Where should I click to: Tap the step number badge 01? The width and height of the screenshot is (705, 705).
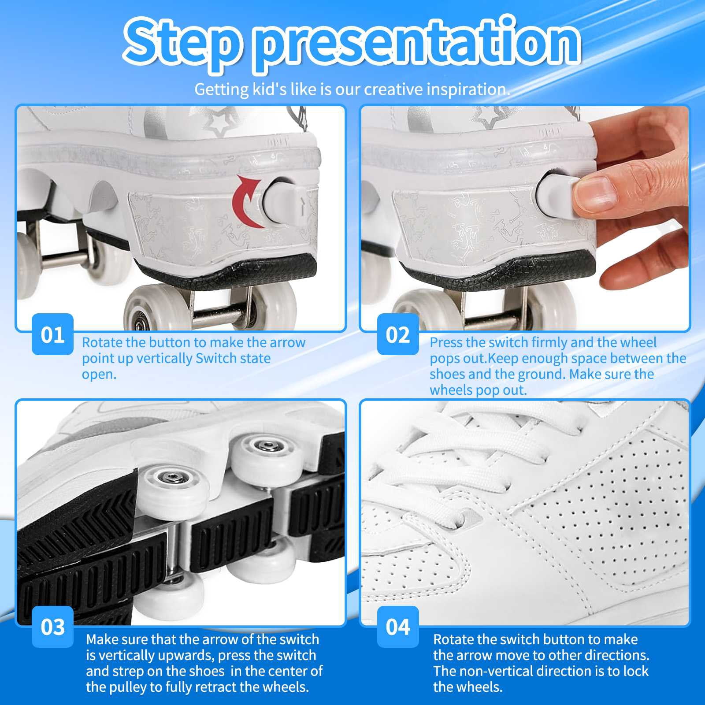tap(52, 334)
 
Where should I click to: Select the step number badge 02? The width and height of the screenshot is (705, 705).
tap(398, 334)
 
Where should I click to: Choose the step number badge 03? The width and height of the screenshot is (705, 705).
tap(52, 627)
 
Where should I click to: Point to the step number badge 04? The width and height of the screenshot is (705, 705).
tap(398, 627)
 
